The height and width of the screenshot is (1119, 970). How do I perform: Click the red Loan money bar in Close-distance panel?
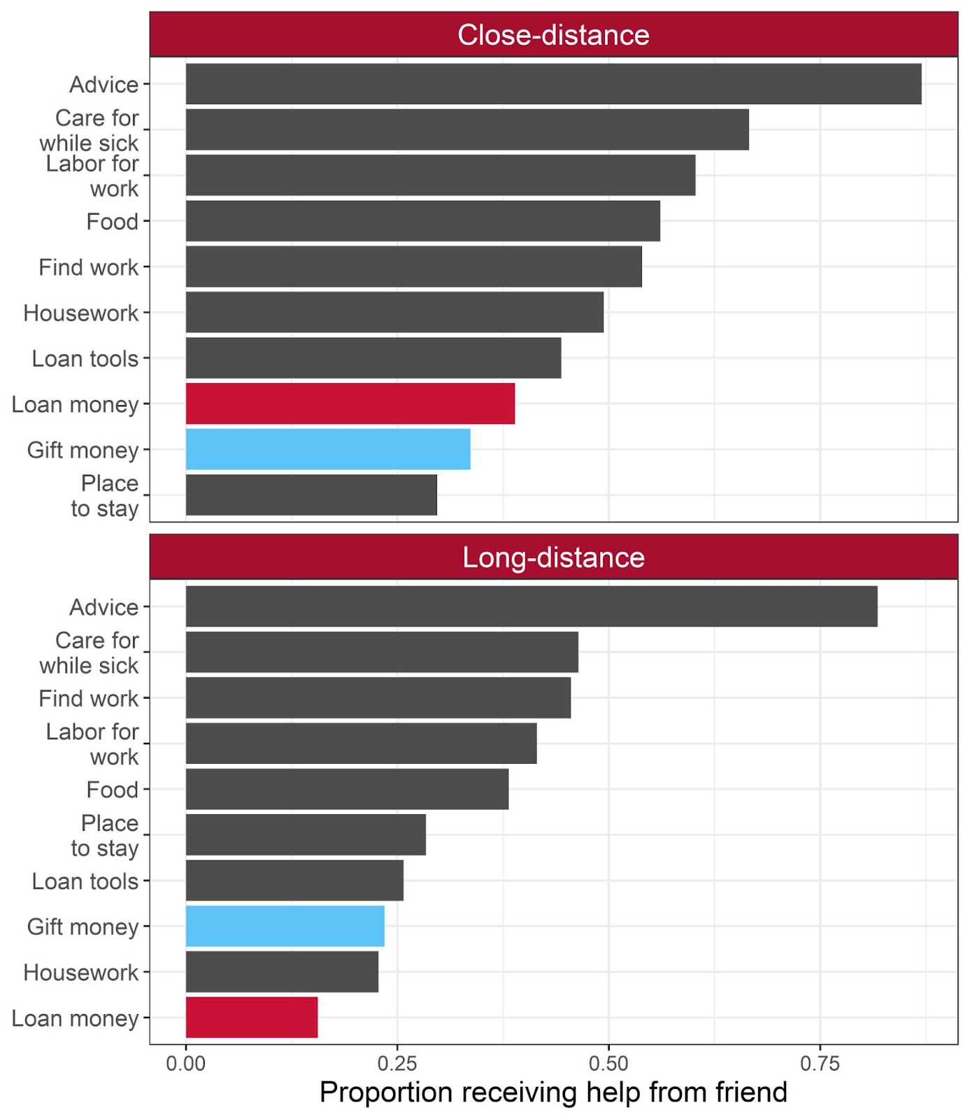point(350,404)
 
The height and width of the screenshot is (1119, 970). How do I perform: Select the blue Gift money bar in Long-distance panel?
point(285,926)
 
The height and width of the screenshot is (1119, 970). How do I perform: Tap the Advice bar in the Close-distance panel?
point(552,84)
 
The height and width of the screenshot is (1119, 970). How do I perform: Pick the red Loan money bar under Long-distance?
point(252,1018)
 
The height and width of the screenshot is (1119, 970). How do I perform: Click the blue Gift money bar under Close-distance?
point(327,449)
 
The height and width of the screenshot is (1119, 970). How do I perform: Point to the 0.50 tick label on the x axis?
point(608,1064)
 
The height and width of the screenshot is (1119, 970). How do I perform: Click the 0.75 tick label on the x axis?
point(820,1064)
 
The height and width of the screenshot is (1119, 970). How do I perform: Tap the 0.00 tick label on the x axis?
point(185,1064)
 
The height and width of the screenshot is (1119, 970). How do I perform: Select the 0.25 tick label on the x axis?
point(397,1064)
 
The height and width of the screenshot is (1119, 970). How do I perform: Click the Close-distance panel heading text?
point(553,35)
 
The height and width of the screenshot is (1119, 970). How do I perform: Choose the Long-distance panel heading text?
point(553,557)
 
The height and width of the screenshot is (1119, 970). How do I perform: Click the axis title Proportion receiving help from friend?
point(553,1092)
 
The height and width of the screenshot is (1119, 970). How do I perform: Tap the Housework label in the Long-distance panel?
point(81,972)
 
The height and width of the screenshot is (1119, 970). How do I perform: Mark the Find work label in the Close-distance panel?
point(89,267)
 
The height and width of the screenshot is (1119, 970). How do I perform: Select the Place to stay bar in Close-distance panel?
point(311,495)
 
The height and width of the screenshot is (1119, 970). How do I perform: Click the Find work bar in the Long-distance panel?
point(378,698)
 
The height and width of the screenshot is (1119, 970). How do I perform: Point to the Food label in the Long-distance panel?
point(113,790)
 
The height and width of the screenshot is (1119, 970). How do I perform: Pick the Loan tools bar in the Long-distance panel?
point(294,881)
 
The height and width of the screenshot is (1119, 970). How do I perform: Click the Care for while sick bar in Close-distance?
point(466,129)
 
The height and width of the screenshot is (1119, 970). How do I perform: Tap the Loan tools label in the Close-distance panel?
point(85,359)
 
